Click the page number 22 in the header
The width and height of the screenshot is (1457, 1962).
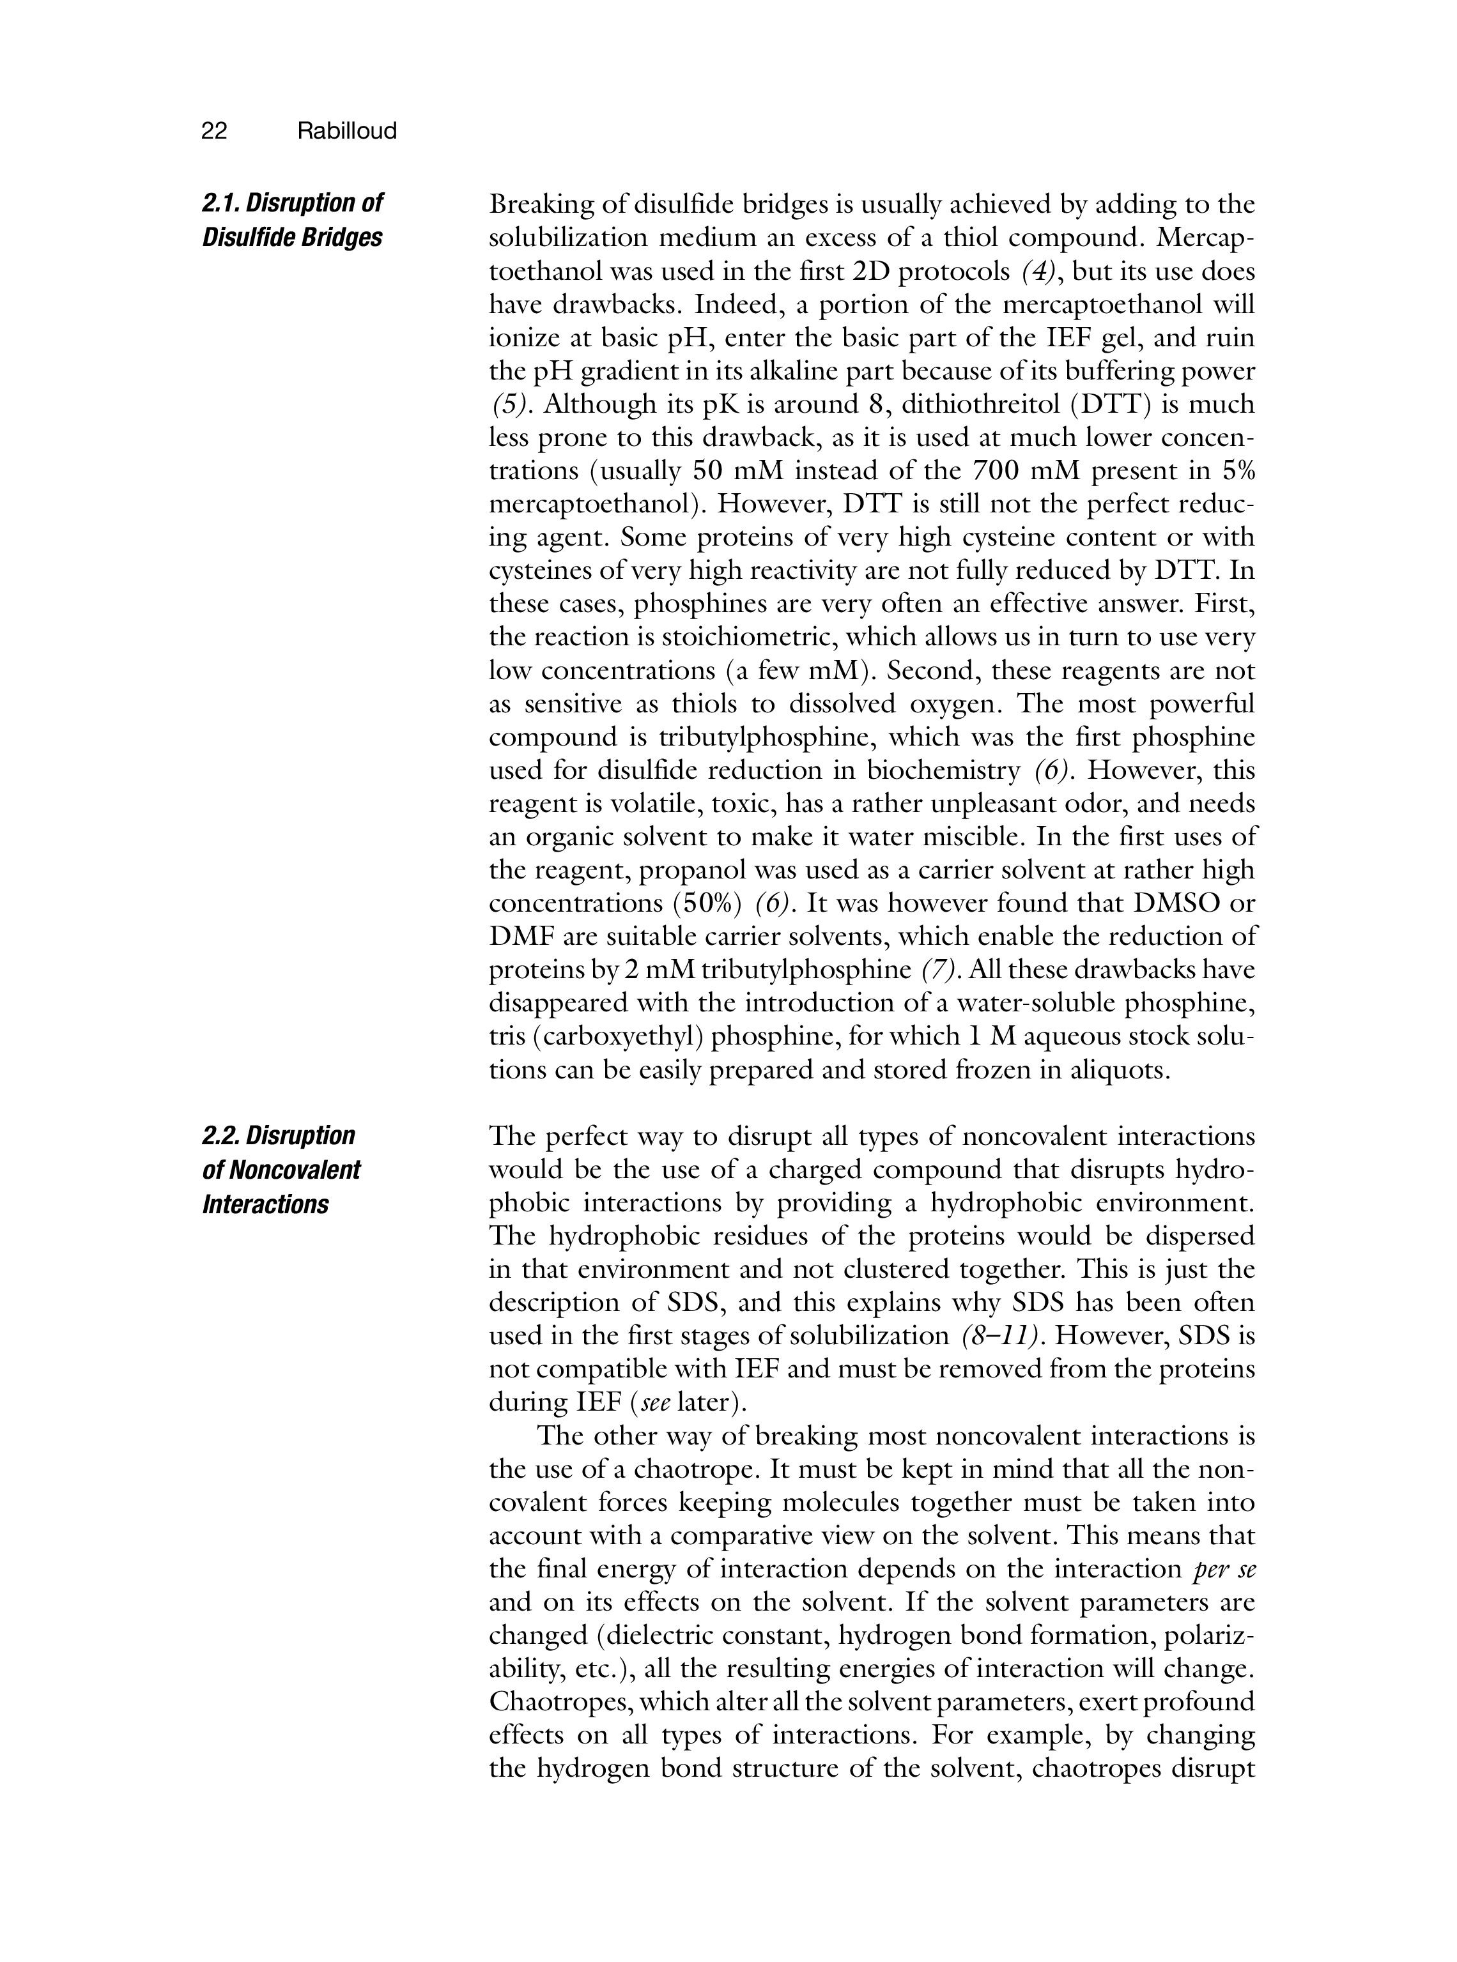coord(214,132)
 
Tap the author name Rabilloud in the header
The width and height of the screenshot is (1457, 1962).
coord(346,132)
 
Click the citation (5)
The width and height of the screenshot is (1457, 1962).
coord(511,405)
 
